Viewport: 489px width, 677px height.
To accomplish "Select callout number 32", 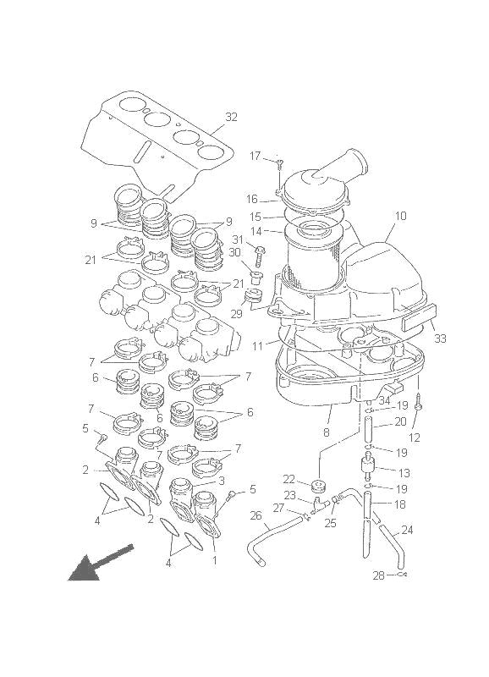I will click(231, 117).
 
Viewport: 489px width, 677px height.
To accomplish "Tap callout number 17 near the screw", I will click(255, 156).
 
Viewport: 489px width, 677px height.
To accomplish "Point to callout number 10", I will click(400, 217).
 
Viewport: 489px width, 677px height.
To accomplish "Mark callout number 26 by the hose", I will click(255, 515).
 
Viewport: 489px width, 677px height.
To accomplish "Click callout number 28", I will click(378, 575).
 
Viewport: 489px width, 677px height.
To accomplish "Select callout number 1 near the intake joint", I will click(213, 559).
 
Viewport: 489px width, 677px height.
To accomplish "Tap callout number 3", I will click(221, 481).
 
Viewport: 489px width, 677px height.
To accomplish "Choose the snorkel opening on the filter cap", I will click(349, 160).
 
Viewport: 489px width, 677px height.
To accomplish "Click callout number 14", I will click(254, 231).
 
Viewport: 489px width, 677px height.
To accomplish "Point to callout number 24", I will click(408, 531).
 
